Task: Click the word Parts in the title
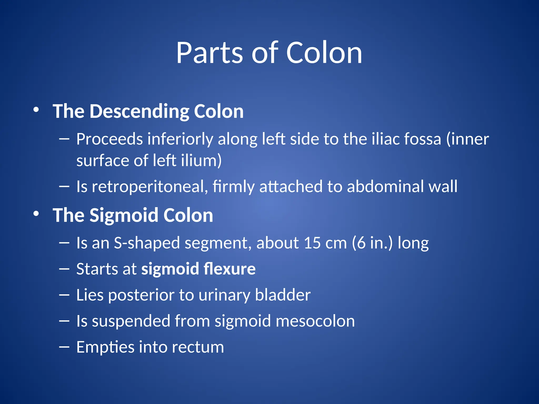pos(209,53)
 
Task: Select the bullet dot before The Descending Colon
pos(36,110)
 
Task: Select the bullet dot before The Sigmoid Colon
pos(36,214)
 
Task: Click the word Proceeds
pos(109,139)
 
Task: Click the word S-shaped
pos(146,243)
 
